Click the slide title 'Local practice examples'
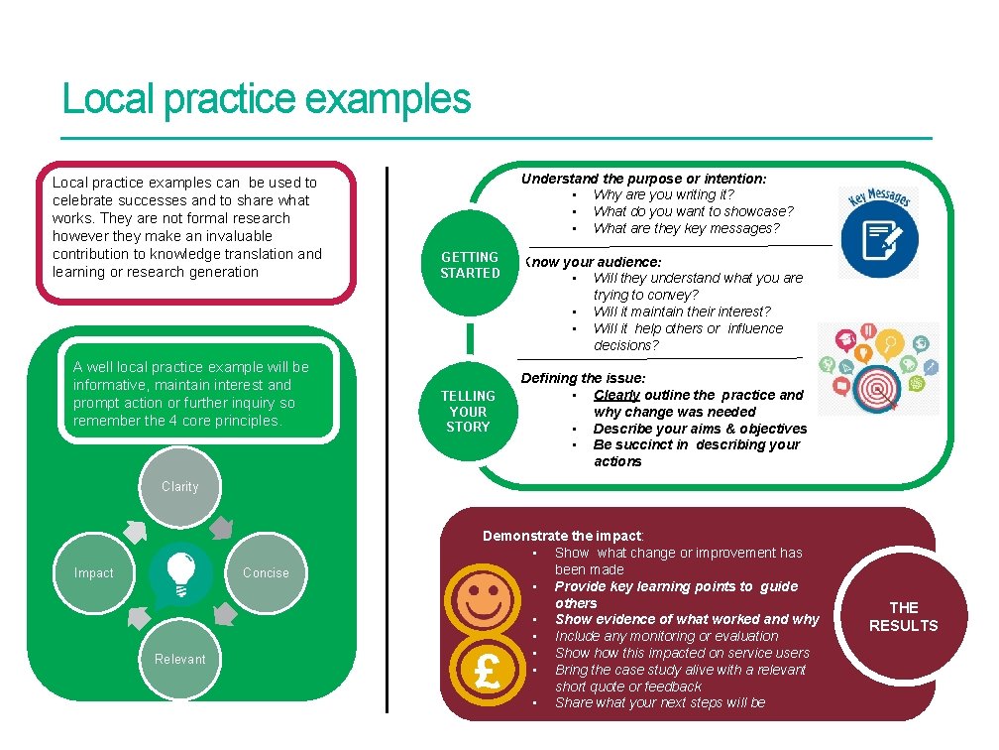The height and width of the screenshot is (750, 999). point(266,100)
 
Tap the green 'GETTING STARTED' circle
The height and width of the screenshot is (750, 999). point(470,265)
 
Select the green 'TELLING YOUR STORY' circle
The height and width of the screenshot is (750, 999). point(468,411)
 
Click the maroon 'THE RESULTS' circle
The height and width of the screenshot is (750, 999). point(903,616)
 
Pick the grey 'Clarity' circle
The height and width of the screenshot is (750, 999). point(179,487)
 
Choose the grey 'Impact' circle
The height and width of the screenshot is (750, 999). point(94,573)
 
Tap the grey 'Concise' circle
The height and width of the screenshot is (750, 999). point(266,573)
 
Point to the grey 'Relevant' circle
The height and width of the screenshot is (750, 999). point(179,660)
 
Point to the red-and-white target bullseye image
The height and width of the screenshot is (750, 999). point(878,382)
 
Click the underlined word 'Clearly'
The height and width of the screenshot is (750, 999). point(616,395)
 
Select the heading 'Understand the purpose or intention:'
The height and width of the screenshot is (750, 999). point(643,179)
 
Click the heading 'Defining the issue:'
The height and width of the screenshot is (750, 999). point(583,378)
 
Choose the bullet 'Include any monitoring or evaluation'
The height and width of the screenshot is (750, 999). point(666,636)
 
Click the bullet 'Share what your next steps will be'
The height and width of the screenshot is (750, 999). point(660,702)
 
